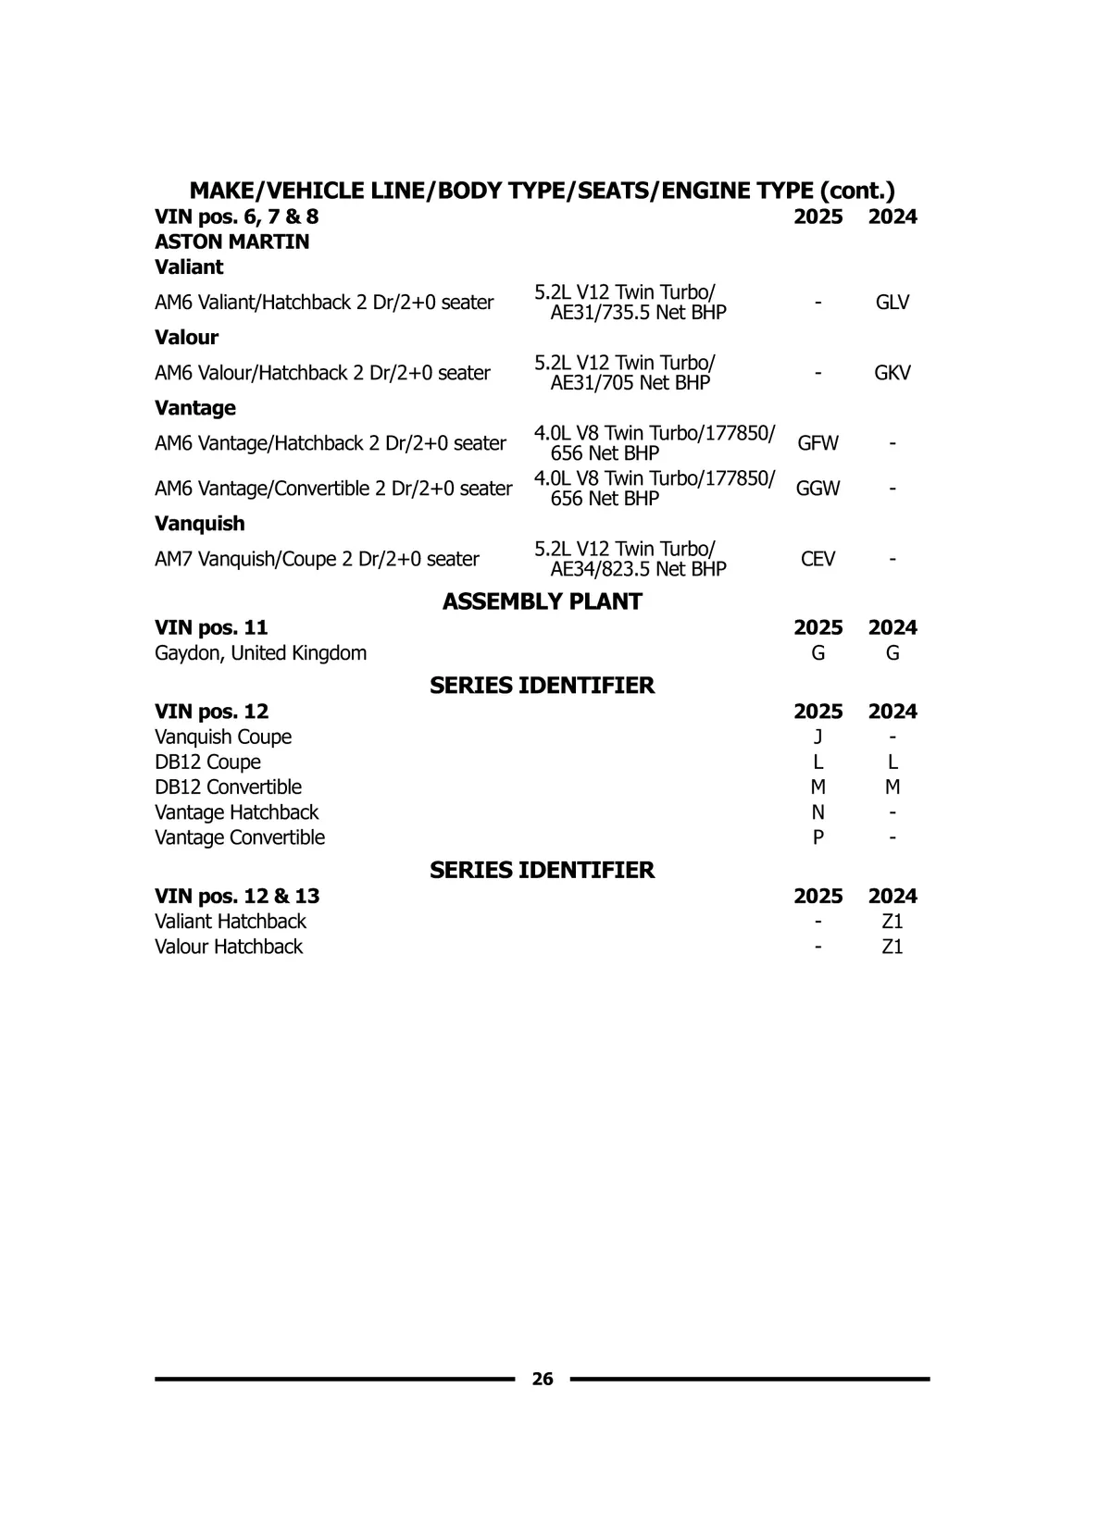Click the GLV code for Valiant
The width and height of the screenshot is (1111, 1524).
pyautogui.click(x=892, y=303)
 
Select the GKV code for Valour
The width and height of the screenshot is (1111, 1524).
pyautogui.click(x=892, y=373)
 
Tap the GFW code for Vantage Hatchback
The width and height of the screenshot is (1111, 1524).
pyautogui.click(x=818, y=443)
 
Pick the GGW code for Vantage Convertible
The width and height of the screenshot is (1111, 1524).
pyautogui.click(x=818, y=489)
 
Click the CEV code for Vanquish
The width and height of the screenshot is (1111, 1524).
pyautogui.click(x=818, y=559)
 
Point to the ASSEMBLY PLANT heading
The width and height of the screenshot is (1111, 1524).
pyautogui.click(x=542, y=601)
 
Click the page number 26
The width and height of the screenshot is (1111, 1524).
pyautogui.click(x=543, y=1379)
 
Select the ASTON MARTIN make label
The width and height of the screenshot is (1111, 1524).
pyautogui.click(x=231, y=242)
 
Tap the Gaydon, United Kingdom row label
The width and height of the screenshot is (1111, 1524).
pyautogui.click(x=260, y=653)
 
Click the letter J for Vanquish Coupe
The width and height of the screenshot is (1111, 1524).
pyautogui.click(x=818, y=737)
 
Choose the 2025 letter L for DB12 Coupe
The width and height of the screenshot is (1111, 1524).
pyautogui.click(x=818, y=762)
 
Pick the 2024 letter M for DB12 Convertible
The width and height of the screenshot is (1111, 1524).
pyautogui.click(x=892, y=787)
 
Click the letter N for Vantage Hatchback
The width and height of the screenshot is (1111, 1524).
pyautogui.click(x=818, y=812)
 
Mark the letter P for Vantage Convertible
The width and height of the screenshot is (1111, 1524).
pyautogui.click(x=818, y=837)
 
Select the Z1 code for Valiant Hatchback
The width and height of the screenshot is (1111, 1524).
pyautogui.click(x=892, y=922)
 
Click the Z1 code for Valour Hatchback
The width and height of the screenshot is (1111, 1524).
pyautogui.click(x=892, y=947)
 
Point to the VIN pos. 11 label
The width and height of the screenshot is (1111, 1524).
pyautogui.click(x=211, y=627)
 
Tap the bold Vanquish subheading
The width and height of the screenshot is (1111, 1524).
pyautogui.click(x=200, y=524)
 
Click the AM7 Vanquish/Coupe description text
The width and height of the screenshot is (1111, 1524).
pyautogui.click(x=317, y=559)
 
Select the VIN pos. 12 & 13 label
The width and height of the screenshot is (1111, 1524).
pyautogui.click(x=237, y=896)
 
